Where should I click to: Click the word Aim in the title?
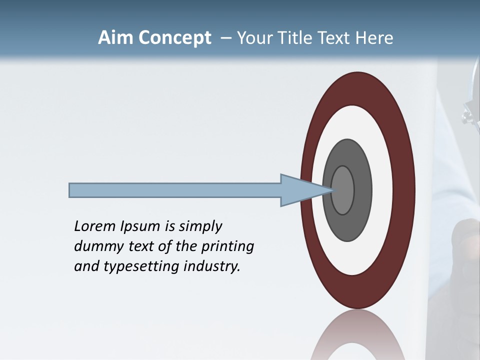(x=115, y=38)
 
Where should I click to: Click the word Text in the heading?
(x=334, y=38)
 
